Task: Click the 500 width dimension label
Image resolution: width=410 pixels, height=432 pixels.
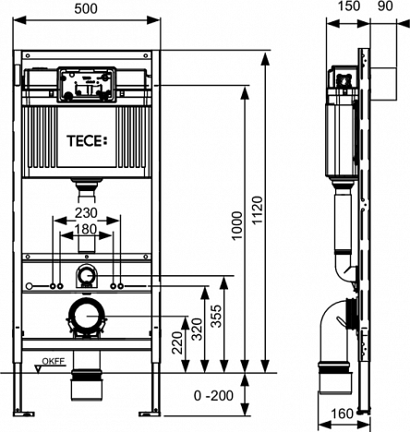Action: point(86,8)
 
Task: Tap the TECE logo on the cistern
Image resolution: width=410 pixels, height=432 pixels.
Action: point(88,141)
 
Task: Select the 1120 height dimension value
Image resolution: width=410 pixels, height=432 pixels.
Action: point(257,210)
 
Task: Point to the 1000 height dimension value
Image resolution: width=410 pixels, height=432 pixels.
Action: point(237,225)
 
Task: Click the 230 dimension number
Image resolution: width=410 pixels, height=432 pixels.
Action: point(87,212)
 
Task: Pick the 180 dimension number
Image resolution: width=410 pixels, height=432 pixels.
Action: point(86,229)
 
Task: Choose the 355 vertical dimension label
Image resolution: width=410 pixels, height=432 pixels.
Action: point(216,316)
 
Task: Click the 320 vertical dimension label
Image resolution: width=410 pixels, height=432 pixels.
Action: point(197,330)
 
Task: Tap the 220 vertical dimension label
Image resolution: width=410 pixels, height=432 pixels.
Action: point(177,342)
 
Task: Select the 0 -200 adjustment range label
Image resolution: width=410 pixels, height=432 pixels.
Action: point(213,396)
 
